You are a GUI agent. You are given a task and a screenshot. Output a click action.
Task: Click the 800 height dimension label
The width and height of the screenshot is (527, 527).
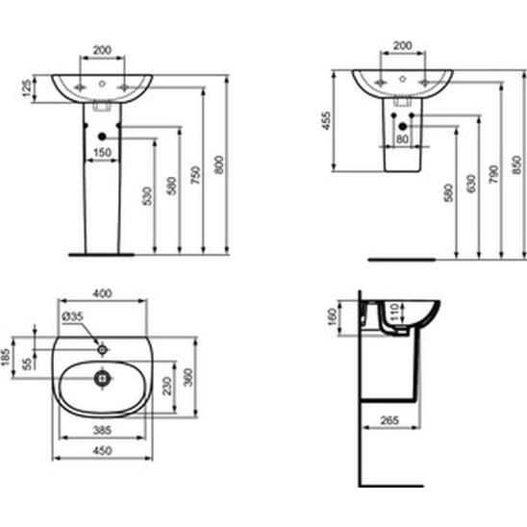click(x=219, y=164)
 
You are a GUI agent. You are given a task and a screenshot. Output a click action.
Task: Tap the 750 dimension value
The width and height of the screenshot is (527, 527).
click(x=195, y=175)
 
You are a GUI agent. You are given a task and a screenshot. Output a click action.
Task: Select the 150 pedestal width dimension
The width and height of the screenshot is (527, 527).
click(x=102, y=153)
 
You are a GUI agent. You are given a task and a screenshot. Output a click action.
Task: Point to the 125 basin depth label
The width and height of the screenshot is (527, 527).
click(x=27, y=88)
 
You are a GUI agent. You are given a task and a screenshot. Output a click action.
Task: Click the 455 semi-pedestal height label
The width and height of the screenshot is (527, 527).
click(x=326, y=120)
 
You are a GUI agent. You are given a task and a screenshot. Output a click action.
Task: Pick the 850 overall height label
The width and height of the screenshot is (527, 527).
click(x=517, y=164)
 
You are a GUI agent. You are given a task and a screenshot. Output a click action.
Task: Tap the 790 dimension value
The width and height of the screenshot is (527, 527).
click(x=494, y=174)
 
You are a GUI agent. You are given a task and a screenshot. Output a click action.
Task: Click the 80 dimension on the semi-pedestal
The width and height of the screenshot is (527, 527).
click(x=402, y=138)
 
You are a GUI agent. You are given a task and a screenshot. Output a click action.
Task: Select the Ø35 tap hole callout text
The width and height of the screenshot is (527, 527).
click(x=72, y=316)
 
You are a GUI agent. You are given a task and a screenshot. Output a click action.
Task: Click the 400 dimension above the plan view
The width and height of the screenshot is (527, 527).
click(x=102, y=293)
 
